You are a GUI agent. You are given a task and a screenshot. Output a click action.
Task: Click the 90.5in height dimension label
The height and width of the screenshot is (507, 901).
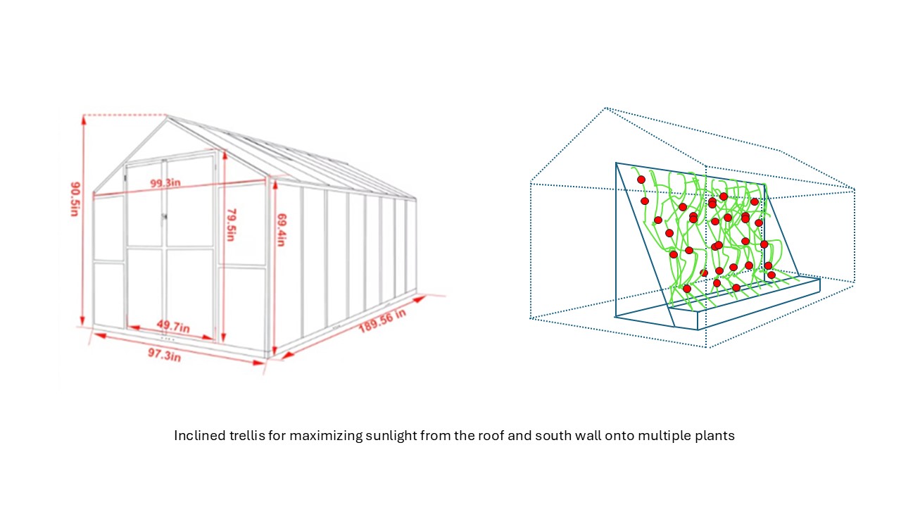(75, 199)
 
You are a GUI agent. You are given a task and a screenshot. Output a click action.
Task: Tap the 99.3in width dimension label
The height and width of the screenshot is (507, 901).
(165, 183)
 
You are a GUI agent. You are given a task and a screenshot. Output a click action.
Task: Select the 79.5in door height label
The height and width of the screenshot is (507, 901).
(232, 225)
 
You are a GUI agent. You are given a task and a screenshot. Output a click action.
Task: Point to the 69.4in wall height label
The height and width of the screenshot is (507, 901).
(282, 230)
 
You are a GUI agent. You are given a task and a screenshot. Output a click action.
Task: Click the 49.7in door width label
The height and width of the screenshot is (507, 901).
(173, 326)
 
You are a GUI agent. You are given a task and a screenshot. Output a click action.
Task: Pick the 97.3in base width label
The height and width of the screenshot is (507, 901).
(165, 354)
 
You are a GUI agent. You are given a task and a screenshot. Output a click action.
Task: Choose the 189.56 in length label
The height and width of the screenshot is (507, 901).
(382, 320)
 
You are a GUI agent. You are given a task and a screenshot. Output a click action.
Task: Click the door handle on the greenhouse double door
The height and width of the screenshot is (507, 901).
(164, 217)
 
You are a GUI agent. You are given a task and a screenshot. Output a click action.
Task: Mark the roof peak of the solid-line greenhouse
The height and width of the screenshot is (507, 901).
(167, 116)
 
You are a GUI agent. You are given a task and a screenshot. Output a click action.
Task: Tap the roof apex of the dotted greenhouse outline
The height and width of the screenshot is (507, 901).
(606, 108)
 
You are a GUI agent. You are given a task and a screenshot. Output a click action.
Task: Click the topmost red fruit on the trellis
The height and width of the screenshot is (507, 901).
(641, 180)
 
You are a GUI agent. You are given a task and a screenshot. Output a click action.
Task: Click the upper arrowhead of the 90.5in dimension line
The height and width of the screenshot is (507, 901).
(84, 120)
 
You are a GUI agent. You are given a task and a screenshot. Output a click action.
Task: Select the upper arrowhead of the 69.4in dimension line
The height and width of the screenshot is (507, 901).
(275, 185)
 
